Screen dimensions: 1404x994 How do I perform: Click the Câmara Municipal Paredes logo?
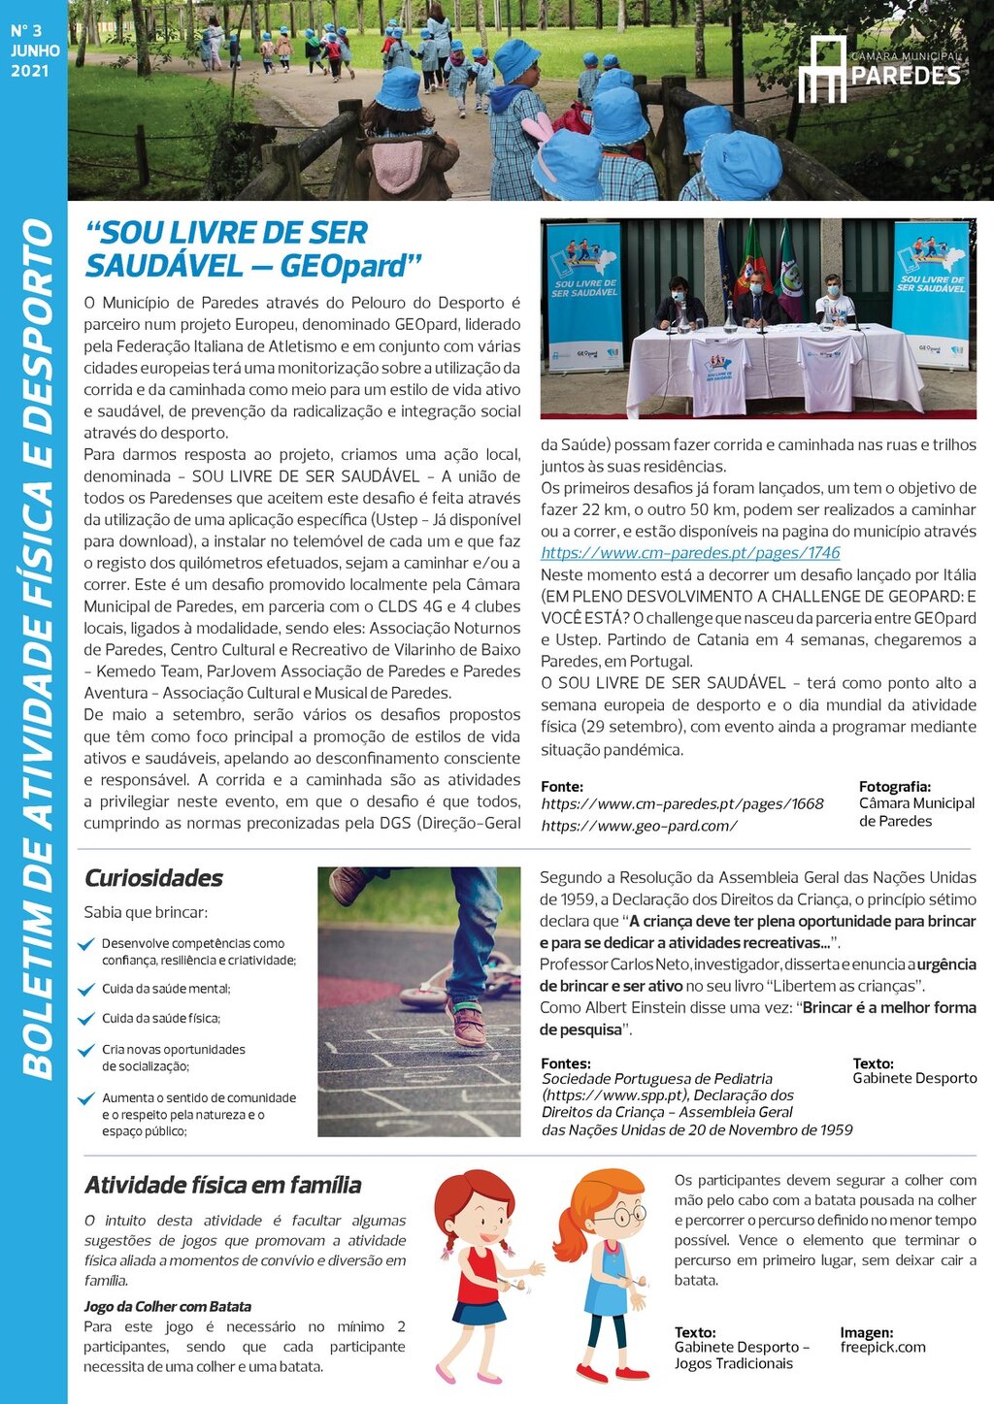(878, 70)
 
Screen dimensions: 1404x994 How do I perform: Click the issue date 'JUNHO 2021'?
(35, 60)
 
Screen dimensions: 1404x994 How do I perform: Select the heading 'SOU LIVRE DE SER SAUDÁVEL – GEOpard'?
(253, 249)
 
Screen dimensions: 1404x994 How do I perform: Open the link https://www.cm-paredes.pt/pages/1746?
(690, 553)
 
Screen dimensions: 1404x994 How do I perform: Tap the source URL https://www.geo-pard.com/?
(639, 826)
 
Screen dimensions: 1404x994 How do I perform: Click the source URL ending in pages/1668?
(681, 804)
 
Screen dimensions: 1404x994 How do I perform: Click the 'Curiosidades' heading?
(153, 878)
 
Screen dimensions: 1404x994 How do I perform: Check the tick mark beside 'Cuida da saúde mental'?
(87, 990)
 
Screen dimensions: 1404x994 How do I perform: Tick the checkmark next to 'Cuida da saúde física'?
(87, 1019)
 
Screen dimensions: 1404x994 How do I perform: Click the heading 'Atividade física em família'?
(222, 1185)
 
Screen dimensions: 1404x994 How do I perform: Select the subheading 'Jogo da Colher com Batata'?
(167, 1306)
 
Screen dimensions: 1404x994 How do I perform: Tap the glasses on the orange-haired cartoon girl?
(618, 1215)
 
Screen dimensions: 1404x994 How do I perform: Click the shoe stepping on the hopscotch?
(468, 1024)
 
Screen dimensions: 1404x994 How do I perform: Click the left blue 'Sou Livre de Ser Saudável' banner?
(583, 296)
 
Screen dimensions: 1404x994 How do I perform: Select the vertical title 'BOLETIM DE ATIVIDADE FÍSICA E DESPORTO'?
(38, 650)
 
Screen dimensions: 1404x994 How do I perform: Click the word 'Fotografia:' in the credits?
(894, 787)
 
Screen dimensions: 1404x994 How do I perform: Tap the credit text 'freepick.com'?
(882, 1347)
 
